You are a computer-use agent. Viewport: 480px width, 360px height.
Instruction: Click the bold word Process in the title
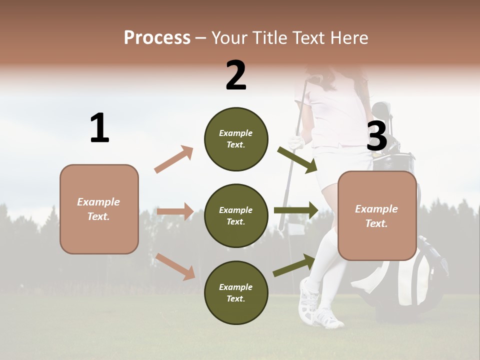157,37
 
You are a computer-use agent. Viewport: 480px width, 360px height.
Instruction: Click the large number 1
99,128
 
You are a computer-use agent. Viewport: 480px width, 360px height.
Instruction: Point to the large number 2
235,75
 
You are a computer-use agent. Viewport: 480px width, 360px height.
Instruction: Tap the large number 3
376,136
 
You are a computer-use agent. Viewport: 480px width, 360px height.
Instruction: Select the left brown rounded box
99,209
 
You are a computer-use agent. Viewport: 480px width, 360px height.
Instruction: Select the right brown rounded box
377,216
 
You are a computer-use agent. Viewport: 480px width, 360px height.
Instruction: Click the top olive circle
236,139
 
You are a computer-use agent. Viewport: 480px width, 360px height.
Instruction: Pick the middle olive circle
236,216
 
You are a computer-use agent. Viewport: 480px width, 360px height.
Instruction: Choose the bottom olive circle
236,292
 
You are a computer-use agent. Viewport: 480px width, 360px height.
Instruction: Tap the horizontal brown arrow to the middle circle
175,211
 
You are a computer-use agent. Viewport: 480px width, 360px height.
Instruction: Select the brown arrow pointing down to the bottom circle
175,266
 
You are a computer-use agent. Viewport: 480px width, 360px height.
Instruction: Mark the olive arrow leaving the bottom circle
294,265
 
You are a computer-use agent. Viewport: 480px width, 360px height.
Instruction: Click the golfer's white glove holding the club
296,143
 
